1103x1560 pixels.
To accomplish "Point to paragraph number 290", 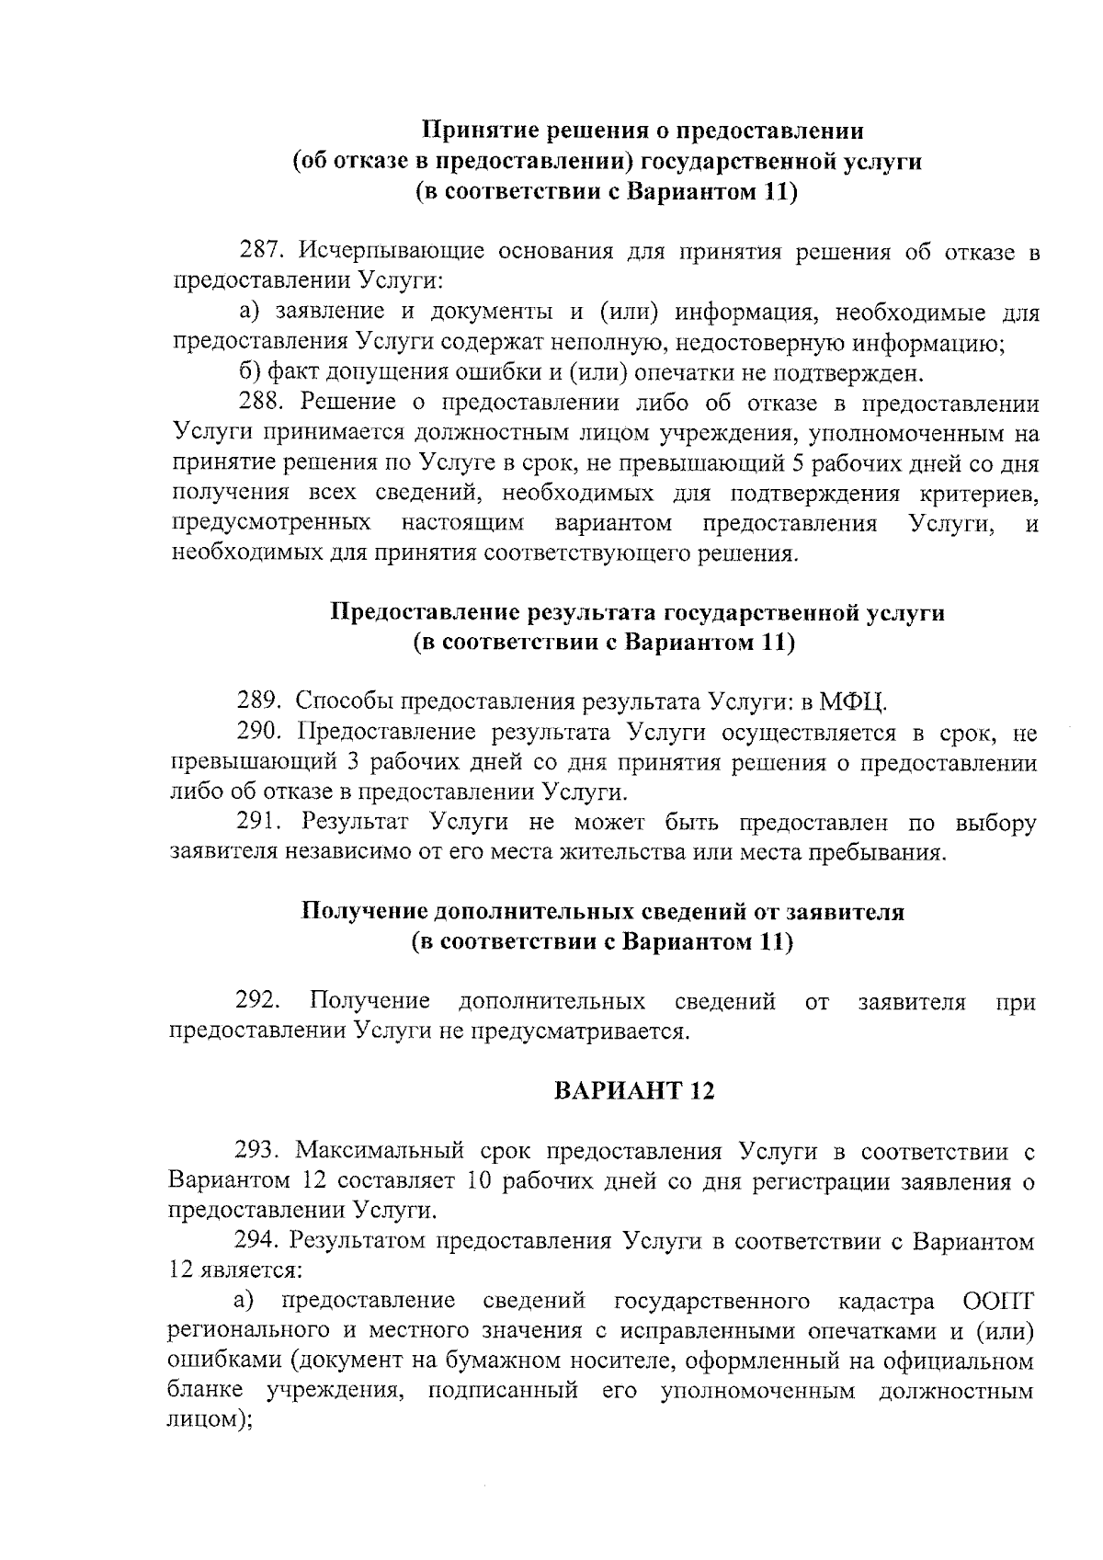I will coord(259,733).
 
